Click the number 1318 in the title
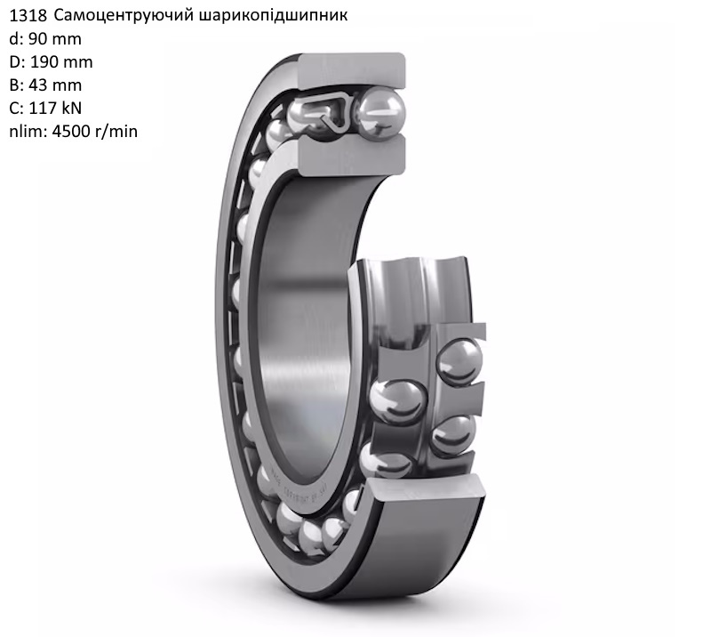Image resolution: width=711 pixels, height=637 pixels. pos(28,15)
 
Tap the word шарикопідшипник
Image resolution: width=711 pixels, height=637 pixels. pos(273,16)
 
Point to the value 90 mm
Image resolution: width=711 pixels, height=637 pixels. pos(55,39)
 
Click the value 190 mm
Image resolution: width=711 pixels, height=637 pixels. pos(61,62)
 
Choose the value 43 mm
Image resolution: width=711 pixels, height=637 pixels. pos(55,85)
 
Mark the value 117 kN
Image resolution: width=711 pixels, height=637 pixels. pos(55,109)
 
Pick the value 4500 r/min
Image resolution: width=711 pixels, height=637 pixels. pos(95,132)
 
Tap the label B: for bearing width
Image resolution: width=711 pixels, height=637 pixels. pos(16,85)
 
